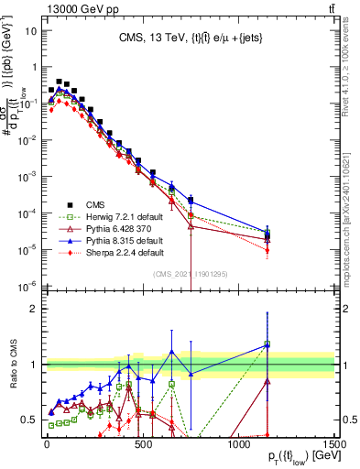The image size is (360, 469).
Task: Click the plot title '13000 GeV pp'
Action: pos(43,7)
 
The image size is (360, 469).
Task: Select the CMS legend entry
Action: pos(102,204)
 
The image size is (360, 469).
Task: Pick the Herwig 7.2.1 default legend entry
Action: pos(124,216)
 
